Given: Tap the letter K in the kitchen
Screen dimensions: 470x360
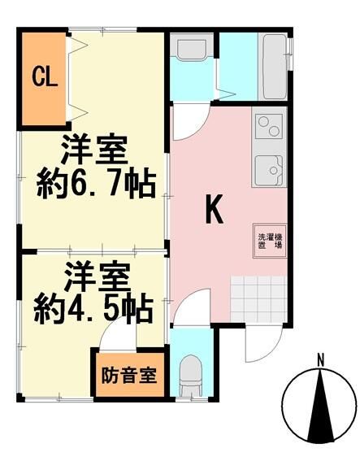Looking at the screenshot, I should [x=214, y=211].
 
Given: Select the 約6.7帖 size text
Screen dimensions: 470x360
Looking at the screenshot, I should [x=96, y=185].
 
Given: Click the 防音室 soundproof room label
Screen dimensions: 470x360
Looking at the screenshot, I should [x=130, y=376].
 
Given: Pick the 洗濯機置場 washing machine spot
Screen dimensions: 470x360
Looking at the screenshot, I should [x=266, y=241].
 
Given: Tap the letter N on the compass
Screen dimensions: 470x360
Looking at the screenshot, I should [x=321, y=359].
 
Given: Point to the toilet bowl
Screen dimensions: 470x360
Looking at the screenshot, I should [x=191, y=372].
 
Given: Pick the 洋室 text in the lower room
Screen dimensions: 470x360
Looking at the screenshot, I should [x=96, y=277].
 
